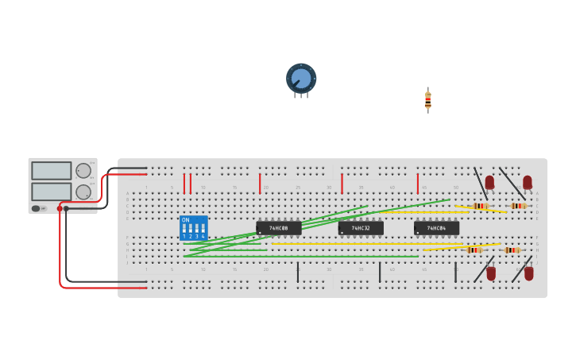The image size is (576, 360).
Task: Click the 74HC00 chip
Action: pyautogui.click(x=279, y=228)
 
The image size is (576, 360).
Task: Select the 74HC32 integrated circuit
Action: pyautogui.click(x=361, y=228)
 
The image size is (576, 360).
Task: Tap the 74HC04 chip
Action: pyautogui.click(x=436, y=228)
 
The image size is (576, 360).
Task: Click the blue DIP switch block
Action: pyautogui.click(x=193, y=228)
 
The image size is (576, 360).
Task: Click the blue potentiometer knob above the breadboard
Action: pyautogui.click(x=301, y=78)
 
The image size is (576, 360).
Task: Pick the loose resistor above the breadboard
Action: pyautogui.click(x=428, y=100)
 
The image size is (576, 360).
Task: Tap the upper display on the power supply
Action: pyautogui.click(x=51, y=170)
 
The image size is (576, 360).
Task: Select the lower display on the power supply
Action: pyautogui.click(x=51, y=192)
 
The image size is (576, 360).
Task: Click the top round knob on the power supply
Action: pyautogui.click(x=83, y=170)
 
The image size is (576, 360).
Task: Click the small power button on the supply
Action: pyautogui.click(x=36, y=208)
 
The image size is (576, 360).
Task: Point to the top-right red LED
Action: pyautogui.click(x=527, y=182)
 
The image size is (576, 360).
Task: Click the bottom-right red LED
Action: pyautogui.click(x=528, y=273)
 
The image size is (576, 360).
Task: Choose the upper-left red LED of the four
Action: pyautogui.click(x=489, y=182)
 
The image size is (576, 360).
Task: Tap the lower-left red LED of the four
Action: pyautogui.click(x=491, y=273)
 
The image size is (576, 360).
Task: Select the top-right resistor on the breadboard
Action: pyautogui.click(x=518, y=206)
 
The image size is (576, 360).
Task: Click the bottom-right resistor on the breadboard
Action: pyautogui.click(x=512, y=250)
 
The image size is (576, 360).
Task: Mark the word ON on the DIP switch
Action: pyautogui.click(x=185, y=220)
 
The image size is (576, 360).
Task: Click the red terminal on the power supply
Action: pyautogui.click(x=60, y=208)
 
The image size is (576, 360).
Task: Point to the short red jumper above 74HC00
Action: pyautogui.click(x=259, y=184)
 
